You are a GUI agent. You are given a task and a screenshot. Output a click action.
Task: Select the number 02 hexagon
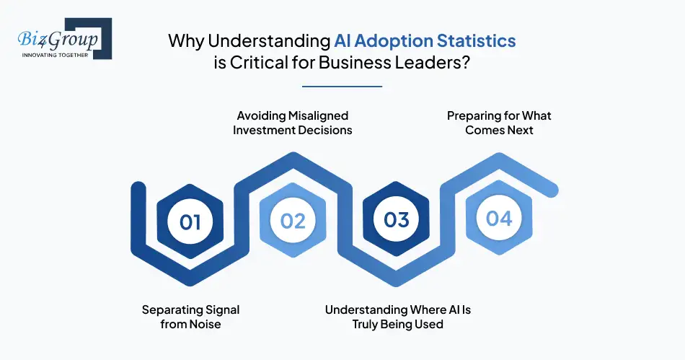(x=293, y=220)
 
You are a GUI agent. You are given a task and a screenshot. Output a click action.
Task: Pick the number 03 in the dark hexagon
(x=396, y=220)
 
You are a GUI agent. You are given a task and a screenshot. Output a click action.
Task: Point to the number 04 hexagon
(x=499, y=218)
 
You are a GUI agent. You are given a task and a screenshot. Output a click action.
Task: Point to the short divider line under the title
(x=342, y=87)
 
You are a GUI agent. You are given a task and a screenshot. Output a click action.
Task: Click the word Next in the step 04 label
(x=518, y=130)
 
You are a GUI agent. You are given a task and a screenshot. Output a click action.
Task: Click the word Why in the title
(x=182, y=40)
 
